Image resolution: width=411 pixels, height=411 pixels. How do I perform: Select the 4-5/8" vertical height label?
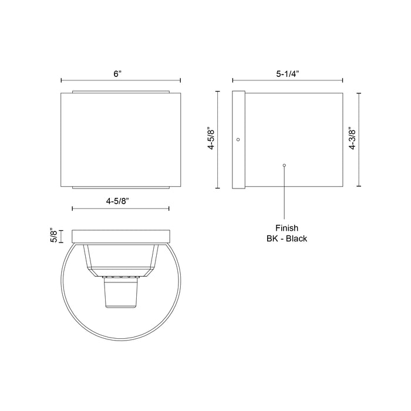coord(211,139)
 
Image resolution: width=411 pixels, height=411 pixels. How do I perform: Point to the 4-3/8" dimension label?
coord(352,139)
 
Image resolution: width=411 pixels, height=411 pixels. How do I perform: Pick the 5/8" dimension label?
coord(53,236)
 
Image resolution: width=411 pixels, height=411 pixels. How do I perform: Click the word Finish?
coord(287,228)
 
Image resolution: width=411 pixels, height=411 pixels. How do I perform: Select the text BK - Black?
coord(287,239)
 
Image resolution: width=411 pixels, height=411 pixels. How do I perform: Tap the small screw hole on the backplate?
coord(238,139)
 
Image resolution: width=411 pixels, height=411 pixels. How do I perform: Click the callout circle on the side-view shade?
coord(285,166)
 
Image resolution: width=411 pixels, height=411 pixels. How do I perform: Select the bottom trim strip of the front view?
coord(120,187)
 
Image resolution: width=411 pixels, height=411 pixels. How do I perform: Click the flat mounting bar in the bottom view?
coord(120,236)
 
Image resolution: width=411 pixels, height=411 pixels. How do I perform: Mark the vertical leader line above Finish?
coord(285,194)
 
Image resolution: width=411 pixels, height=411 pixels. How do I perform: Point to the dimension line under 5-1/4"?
coord(288,81)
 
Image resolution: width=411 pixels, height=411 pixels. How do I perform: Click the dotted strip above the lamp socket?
coord(120,275)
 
